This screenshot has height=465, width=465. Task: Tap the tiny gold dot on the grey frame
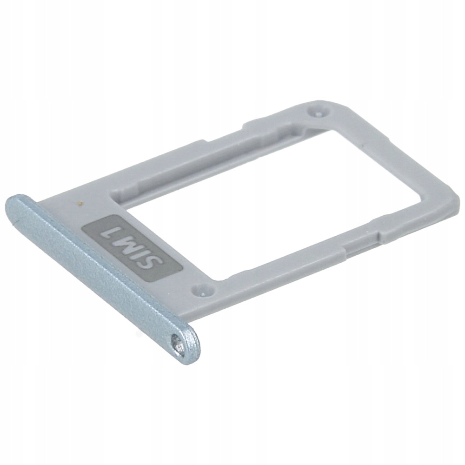pyautogui.click(x=82, y=203)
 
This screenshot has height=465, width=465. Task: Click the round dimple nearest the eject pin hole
pyautogui.click(x=201, y=290)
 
